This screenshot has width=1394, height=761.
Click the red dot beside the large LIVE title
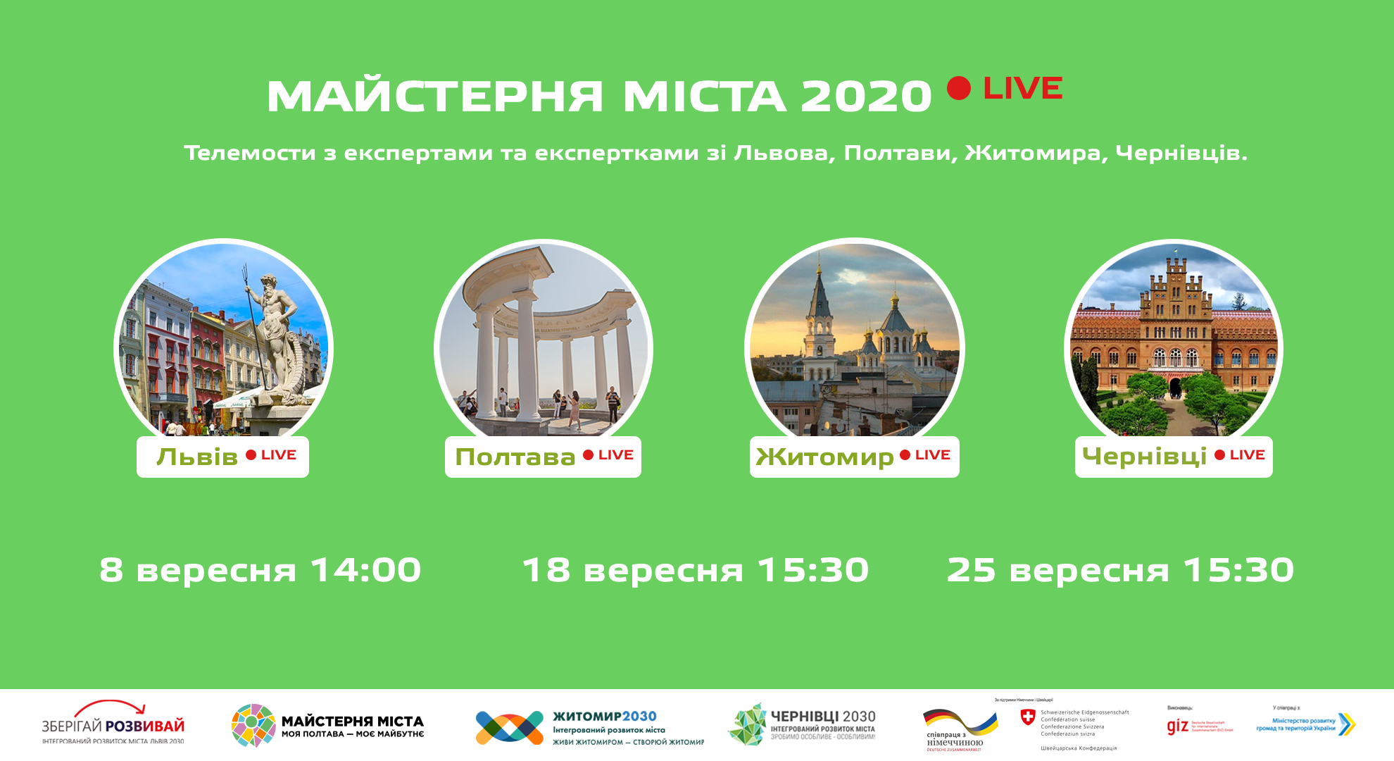(959, 88)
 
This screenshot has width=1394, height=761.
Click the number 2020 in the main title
(866, 97)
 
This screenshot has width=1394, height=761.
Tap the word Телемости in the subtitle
(249, 153)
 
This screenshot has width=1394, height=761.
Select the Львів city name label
(197, 457)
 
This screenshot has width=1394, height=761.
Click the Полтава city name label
(515, 457)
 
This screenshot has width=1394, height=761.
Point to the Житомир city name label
(824, 457)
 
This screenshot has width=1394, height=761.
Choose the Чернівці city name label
(1145, 457)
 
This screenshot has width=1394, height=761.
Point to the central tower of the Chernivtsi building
(1174, 296)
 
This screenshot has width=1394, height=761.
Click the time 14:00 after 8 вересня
(365, 570)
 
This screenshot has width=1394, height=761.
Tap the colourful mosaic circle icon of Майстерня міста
(253, 725)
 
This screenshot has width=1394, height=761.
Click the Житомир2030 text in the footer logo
(604, 717)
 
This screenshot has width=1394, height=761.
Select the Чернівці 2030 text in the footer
(822, 717)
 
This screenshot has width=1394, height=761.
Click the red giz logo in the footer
(1177, 726)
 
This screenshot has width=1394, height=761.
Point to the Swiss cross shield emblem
(1028, 717)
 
